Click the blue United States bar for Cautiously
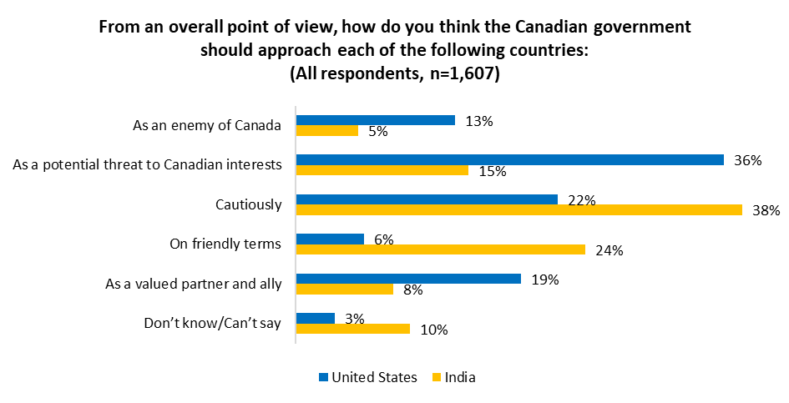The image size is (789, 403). coord(427,199)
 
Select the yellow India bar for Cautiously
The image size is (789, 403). coord(518,209)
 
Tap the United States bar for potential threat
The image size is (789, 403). coord(509,159)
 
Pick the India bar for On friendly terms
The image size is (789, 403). coord(441,249)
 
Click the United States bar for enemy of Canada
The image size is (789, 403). coord(376,120)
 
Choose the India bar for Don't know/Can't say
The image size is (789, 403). coord(353,329)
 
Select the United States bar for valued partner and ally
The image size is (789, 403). coord(408,279)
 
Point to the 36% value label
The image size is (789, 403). coord(747,160)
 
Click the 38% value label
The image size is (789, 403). coord(765,210)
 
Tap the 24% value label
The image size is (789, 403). coord(609,250)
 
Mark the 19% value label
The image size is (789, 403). coord(544,280)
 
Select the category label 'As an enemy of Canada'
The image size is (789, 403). coord(207,126)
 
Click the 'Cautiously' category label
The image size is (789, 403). coord(248,204)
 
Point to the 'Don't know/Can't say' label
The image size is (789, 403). coord(213,323)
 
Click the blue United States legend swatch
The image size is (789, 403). coord(323,377)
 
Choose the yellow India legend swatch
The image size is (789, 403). coord(436,377)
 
